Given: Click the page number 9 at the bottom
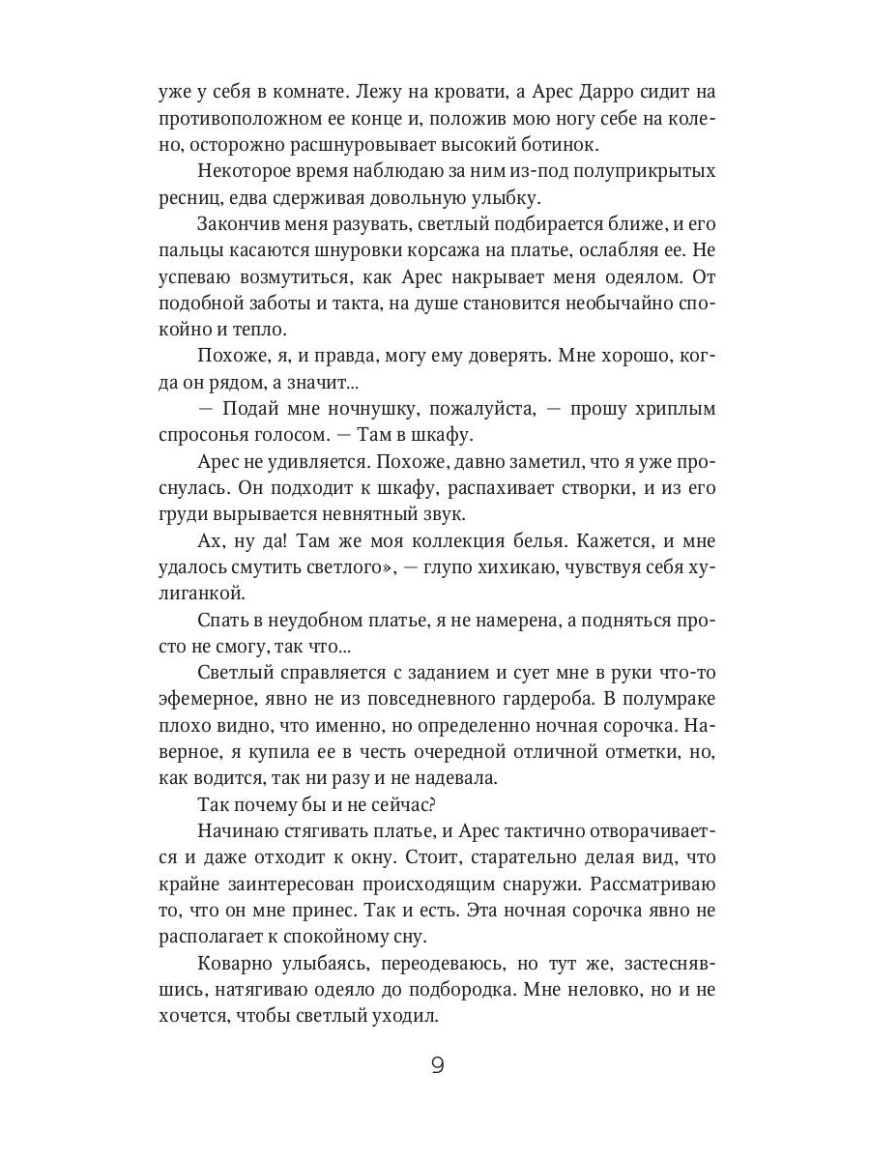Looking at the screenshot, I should tap(436, 1066).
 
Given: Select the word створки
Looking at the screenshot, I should tap(529, 488).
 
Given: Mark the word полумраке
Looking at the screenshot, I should tap(668, 699).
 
